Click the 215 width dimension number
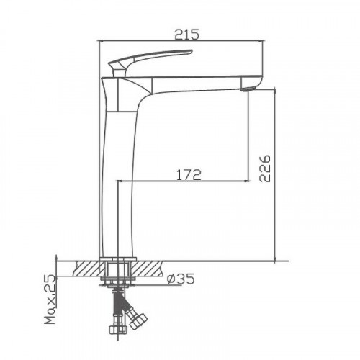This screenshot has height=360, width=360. point(186,34)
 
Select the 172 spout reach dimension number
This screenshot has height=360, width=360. point(187,174)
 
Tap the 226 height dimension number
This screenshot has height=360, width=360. point(264,168)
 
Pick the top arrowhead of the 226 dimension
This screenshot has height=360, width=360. point(275,92)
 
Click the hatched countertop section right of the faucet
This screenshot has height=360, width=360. point(153,269)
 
